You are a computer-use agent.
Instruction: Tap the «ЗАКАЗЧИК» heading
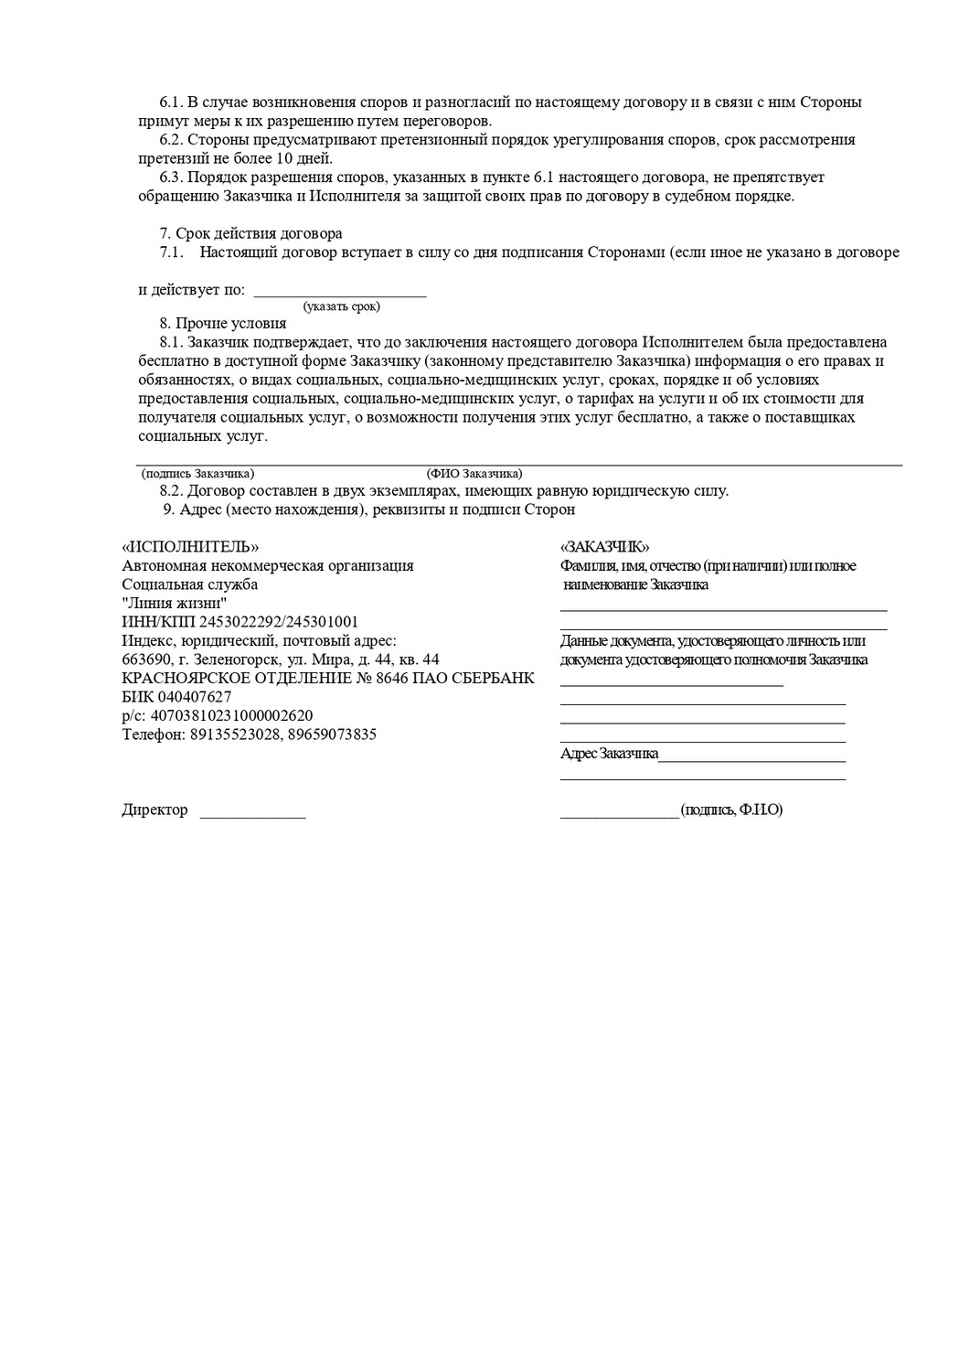click(x=604, y=547)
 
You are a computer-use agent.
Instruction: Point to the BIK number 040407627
click(x=191, y=696)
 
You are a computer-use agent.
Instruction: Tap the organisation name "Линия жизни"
click(x=174, y=603)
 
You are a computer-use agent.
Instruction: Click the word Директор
click(x=154, y=809)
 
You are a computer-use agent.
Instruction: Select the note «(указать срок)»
click(x=341, y=306)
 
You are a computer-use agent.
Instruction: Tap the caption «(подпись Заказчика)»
click(x=197, y=474)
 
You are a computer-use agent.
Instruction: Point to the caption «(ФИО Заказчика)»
click(x=474, y=474)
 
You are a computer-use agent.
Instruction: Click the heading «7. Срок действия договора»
click(x=251, y=233)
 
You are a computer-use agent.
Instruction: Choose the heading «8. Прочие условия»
click(x=222, y=323)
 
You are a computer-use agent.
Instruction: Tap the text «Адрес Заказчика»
click(x=609, y=754)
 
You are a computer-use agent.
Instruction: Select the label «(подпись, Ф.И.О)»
click(x=731, y=809)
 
